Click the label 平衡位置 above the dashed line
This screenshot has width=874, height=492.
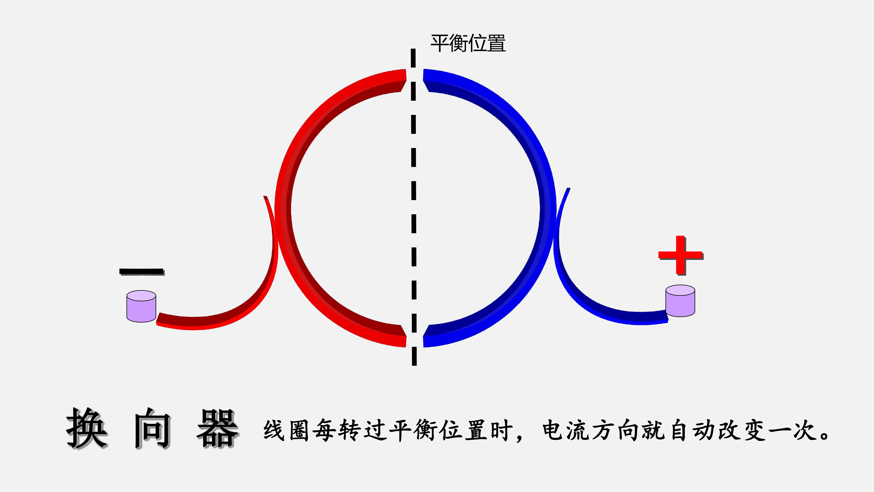[468, 43]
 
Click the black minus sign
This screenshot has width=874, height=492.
[142, 272]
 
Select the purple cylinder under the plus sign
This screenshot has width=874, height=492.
[680, 301]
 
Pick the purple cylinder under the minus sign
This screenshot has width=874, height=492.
[141, 306]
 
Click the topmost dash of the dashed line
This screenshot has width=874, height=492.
[413, 58]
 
